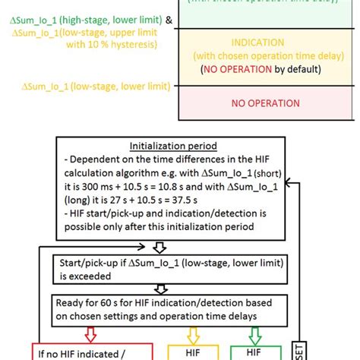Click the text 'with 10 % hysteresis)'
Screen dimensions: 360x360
[112, 45]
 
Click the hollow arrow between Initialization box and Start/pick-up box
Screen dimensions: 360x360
[159, 247]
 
